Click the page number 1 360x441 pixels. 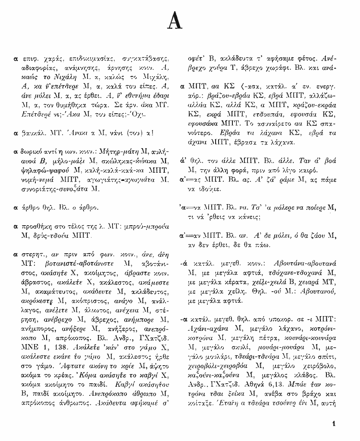[x=335, y=423]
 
